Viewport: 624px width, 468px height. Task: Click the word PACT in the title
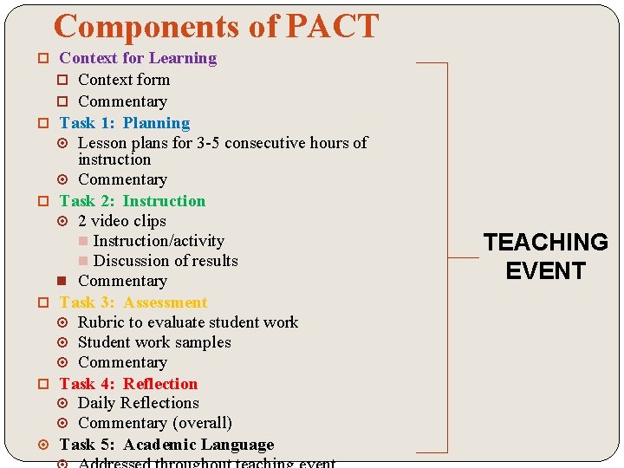(332, 27)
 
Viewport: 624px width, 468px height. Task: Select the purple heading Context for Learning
(138, 58)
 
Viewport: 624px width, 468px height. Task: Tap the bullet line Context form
(124, 80)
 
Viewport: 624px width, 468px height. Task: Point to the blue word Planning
(156, 123)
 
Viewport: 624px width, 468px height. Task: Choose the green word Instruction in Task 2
(164, 201)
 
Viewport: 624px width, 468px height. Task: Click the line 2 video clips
(121, 221)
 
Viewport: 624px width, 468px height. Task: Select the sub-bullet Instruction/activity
(159, 241)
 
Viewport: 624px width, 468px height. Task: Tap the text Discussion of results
(166, 261)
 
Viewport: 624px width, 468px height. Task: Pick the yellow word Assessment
(166, 302)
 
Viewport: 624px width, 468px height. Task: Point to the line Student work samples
(154, 342)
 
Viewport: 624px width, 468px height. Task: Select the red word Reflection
(160, 384)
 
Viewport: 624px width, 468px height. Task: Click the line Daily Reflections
(139, 403)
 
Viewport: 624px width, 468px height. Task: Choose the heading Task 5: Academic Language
(166, 445)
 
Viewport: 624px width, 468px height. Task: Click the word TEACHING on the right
(546, 242)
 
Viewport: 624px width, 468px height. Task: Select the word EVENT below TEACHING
(546, 271)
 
